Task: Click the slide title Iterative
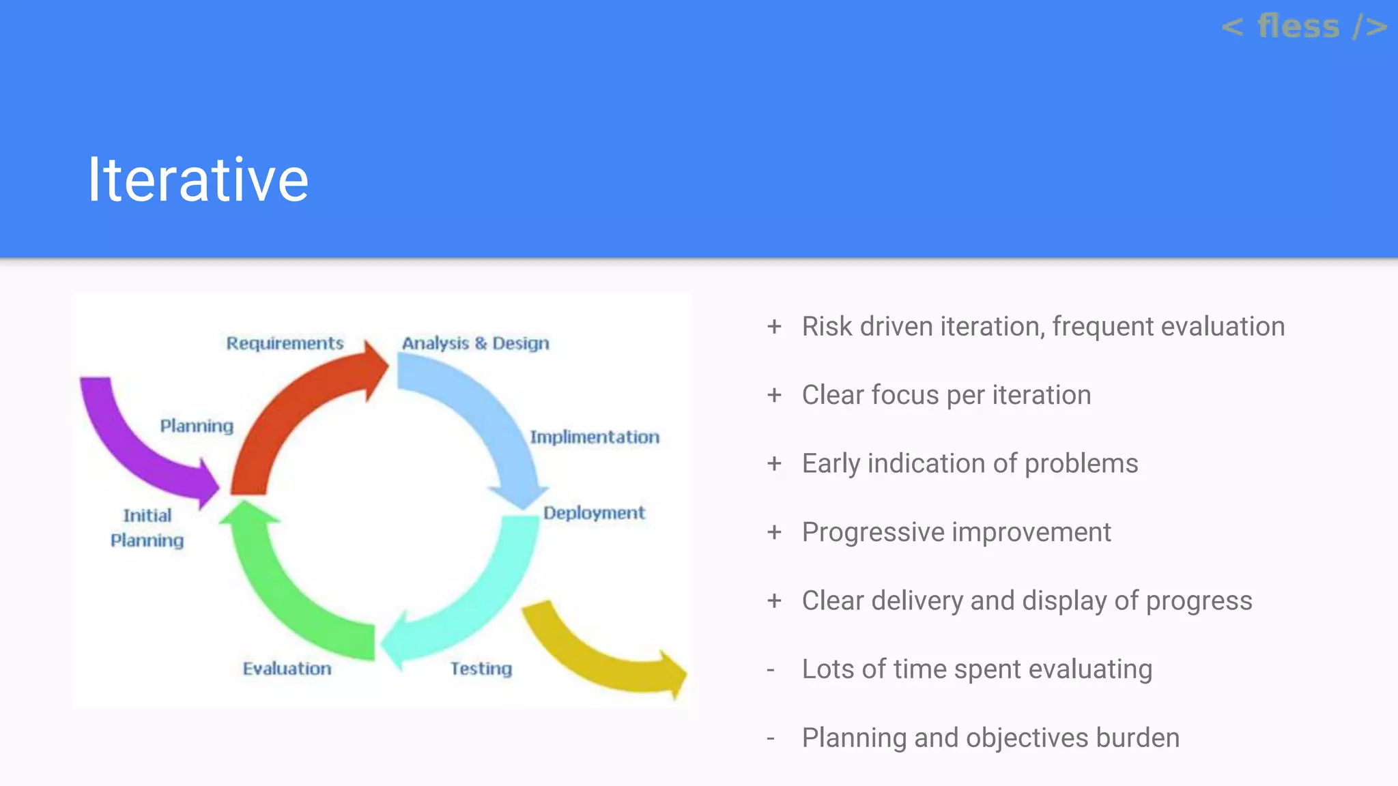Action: pyautogui.click(x=198, y=179)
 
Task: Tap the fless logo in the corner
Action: pyautogui.click(x=1304, y=27)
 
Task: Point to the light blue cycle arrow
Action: pyautogui.click(x=485, y=416)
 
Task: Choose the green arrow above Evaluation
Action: pyautogui.click(x=287, y=587)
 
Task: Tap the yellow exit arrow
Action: pyautogui.click(x=601, y=655)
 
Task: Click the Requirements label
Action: pyautogui.click(x=285, y=343)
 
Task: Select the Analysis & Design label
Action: pyautogui.click(x=475, y=343)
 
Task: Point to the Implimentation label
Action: pyautogui.click(x=595, y=437)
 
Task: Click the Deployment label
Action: pyautogui.click(x=594, y=513)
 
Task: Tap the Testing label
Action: pyautogui.click(x=481, y=669)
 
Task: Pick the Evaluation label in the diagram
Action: pyautogui.click(x=287, y=669)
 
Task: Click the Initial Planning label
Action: pyautogui.click(x=147, y=528)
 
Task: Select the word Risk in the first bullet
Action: pyautogui.click(x=827, y=327)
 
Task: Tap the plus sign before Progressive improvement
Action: pyautogui.click(x=774, y=532)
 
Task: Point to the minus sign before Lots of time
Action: pyautogui.click(x=771, y=670)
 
